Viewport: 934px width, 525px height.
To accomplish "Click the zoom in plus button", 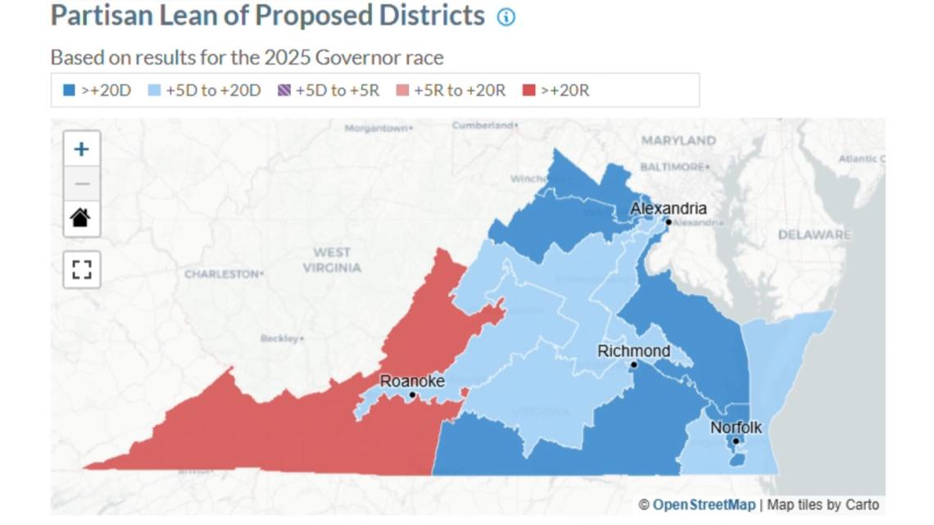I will [81, 149].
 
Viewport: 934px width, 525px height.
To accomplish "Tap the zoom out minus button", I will [81, 183].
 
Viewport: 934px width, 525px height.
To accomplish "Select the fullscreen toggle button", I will [81, 269].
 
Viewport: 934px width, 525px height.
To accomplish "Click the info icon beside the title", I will [506, 17].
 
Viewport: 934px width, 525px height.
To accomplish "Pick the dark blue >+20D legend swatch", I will [70, 90].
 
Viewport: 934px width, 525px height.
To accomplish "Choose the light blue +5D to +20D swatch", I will [154, 90].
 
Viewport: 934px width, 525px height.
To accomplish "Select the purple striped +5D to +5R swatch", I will [283, 90].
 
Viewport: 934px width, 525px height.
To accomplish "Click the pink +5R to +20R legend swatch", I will [402, 90].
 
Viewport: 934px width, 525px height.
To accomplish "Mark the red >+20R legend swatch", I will [529, 90].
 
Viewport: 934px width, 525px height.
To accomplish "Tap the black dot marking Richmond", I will [633, 364].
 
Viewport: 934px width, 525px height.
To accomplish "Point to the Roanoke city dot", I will [412, 395].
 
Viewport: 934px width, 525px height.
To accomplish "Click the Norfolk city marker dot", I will [736, 441].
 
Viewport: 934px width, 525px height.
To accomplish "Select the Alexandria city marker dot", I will [669, 222].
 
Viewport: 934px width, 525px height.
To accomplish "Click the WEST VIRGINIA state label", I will [332, 260].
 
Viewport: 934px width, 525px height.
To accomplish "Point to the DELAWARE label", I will [814, 235].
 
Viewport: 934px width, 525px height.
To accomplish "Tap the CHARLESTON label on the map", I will [221, 274].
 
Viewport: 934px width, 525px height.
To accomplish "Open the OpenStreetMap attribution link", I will [703, 505].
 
